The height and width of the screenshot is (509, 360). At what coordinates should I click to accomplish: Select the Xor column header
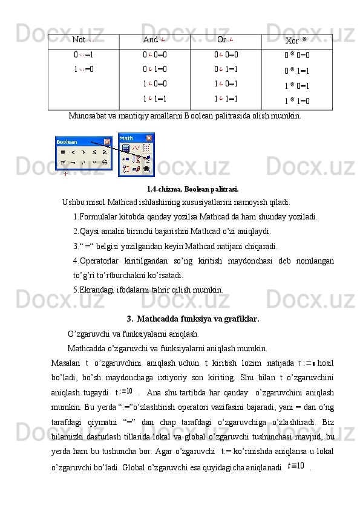click(295, 41)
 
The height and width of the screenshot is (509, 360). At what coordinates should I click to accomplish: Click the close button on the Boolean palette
click(107, 142)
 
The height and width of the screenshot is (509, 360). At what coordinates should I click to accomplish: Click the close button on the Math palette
click(150, 138)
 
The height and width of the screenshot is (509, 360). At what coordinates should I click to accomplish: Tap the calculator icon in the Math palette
click(126, 148)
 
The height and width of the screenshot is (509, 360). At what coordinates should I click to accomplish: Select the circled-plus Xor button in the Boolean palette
click(105, 162)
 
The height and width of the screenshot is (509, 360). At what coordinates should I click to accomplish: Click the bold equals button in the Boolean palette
click(62, 152)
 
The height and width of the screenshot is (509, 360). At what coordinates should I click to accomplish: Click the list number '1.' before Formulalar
click(75, 217)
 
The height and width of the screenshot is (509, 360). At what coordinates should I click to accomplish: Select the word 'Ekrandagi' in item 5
click(96, 290)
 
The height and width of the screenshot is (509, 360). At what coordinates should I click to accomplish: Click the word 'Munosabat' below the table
click(88, 115)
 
